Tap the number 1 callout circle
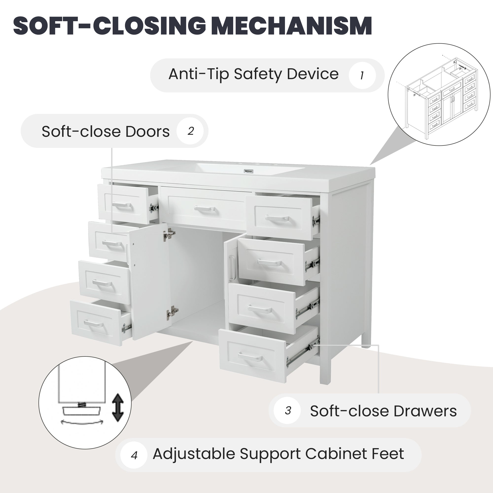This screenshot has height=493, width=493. click(362, 75)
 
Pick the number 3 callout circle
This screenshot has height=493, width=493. click(288, 411)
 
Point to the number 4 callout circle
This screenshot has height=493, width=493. click(134, 455)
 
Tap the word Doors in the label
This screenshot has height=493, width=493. click(147, 132)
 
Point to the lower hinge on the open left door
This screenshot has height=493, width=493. click(172, 312)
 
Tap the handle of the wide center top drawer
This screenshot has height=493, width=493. click(204, 209)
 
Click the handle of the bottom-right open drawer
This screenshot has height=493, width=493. click(250, 356)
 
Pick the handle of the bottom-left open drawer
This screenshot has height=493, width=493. click(94, 324)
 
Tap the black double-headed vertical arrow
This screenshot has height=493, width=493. click(118, 407)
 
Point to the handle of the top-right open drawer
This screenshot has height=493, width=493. click(277, 218)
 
